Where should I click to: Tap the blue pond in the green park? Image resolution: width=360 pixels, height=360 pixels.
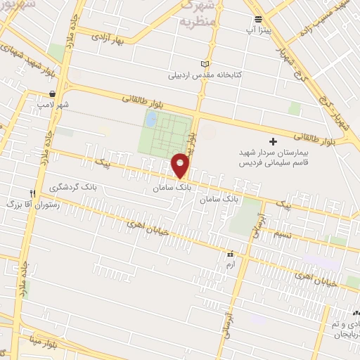tap(151, 120)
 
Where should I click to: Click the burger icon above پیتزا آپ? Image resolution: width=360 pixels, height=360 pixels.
tap(259, 20)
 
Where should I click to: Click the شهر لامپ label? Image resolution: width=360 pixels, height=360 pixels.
tap(53, 105)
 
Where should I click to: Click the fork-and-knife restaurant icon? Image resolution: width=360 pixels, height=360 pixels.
tap(32, 193)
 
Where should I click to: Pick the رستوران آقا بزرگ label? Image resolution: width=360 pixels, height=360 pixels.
tap(31, 204)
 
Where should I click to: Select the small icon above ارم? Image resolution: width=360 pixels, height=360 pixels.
tap(230, 253)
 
